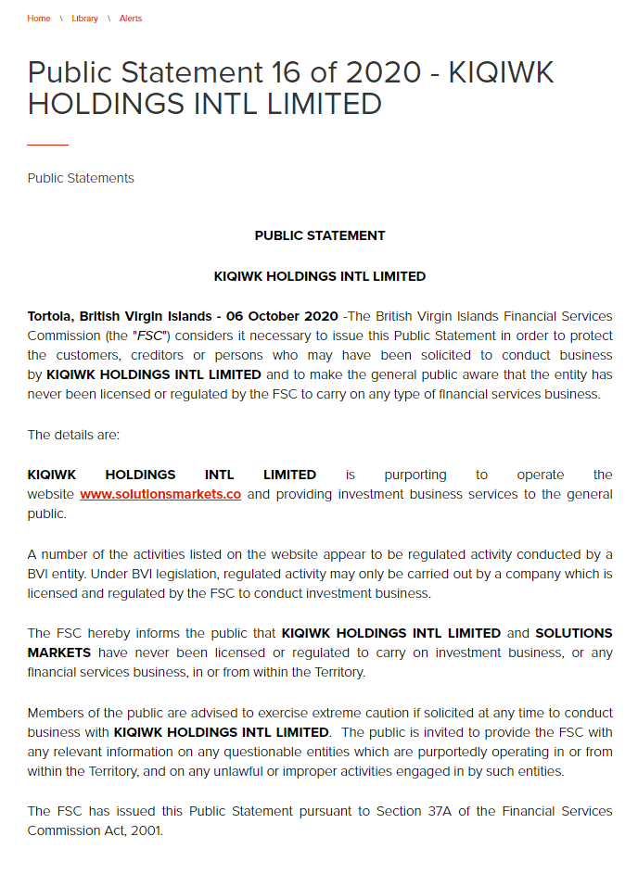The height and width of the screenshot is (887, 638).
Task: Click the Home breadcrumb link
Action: tap(39, 19)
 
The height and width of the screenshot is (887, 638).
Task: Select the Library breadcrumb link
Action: tap(84, 19)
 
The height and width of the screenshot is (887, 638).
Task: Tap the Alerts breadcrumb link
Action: tap(131, 19)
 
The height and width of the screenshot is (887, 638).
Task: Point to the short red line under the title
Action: tap(47, 145)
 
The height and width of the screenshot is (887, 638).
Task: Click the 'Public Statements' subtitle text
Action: tap(81, 178)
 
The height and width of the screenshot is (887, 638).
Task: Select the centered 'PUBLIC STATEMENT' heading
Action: tap(320, 235)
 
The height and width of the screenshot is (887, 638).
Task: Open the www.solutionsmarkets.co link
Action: tap(160, 494)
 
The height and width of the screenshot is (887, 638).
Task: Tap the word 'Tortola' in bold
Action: tap(52, 316)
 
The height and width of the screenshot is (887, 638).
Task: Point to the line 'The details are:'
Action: tap(73, 435)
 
